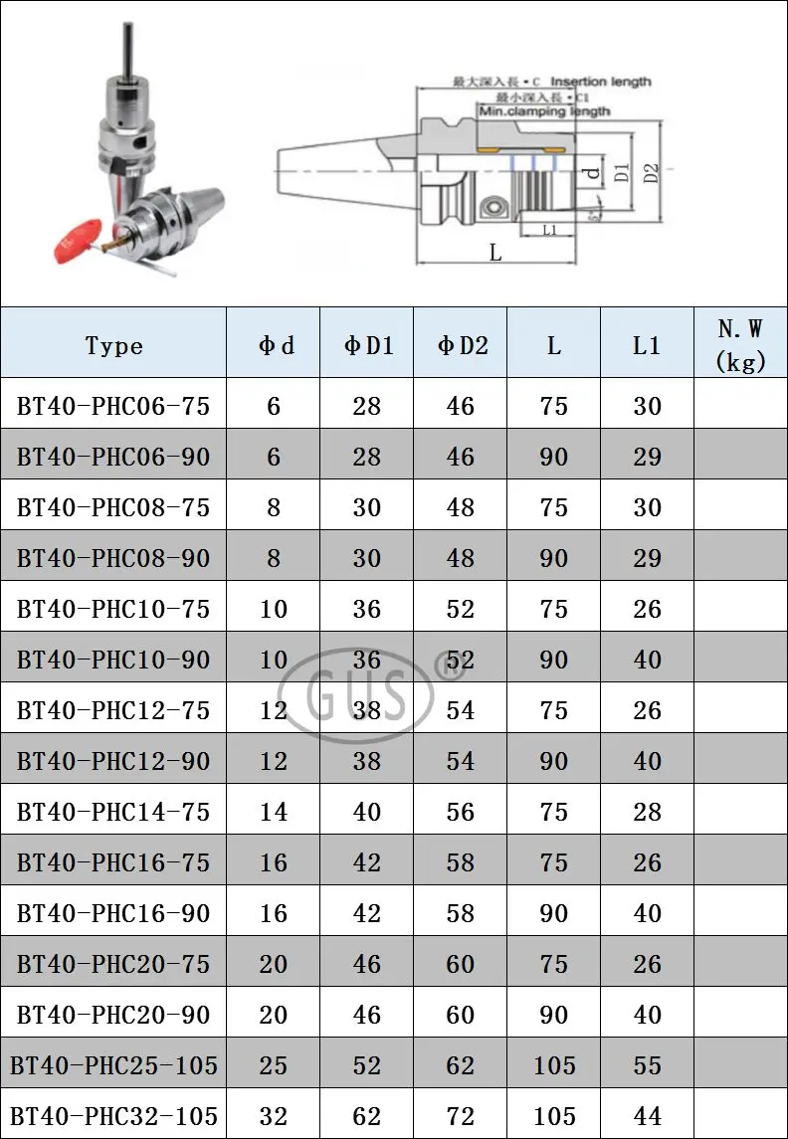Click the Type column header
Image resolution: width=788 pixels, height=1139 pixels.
tap(113, 345)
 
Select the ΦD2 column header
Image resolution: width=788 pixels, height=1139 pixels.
tap(461, 345)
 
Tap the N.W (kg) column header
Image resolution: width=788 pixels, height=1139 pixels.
tap(740, 345)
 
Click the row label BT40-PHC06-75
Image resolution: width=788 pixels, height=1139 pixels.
tap(113, 406)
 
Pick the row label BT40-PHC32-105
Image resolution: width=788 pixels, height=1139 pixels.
tap(113, 1116)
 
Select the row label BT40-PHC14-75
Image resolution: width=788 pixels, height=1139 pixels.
tap(113, 812)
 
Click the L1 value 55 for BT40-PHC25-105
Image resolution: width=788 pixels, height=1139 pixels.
tap(647, 1065)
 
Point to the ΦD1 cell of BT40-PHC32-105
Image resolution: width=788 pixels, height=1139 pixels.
tap(367, 1116)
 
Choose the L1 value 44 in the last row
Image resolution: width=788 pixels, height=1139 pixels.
tap(647, 1116)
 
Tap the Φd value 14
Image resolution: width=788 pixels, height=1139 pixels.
tap(274, 812)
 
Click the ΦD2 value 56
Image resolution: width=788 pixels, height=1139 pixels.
tap(461, 812)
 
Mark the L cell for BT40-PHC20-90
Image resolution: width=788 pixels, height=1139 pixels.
tap(554, 1015)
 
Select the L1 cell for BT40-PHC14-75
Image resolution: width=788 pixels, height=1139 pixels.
tap(647, 812)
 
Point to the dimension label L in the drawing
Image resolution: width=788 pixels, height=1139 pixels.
tap(494, 253)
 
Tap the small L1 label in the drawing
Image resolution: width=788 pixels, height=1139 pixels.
tap(550, 230)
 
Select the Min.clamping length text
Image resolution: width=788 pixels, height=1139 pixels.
tap(544, 112)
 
